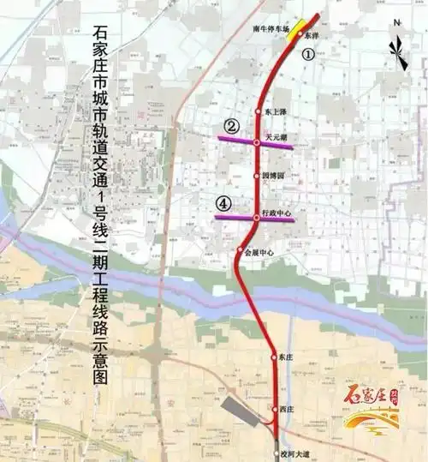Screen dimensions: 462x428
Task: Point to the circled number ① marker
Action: point(309,53)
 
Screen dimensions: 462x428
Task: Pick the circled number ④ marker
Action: point(223,204)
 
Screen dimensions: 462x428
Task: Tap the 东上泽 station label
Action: point(273,111)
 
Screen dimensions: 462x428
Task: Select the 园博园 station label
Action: point(271,175)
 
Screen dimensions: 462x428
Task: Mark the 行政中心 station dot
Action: point(256,218)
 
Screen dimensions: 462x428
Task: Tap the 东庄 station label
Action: point(286,356)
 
